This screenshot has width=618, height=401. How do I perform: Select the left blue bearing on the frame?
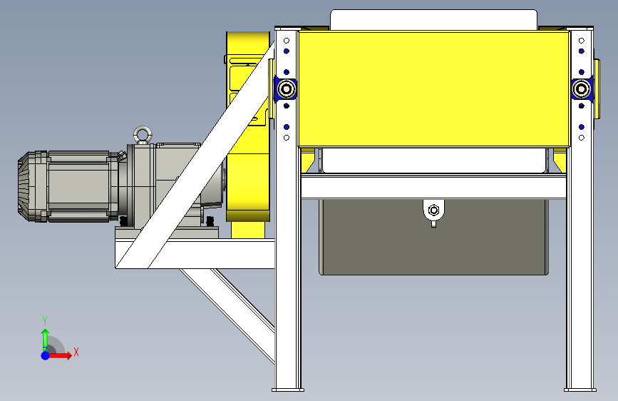pyautogui.click(x=286, y=89)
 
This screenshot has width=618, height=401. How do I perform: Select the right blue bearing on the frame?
pyautogui.click(x=582, y=89)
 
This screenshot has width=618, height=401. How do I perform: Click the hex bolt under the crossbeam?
pyautogui.click(x=433, y=210)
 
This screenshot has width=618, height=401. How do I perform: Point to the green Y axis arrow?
pyautogui.click(x=45, y=339)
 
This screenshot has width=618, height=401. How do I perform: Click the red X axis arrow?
pyautogui.click(x=59, y=355)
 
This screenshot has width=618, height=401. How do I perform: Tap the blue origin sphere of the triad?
pyautogui.click(x=46, y=355)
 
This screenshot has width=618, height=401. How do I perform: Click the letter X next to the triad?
pyautogui.click(x=76, y=352)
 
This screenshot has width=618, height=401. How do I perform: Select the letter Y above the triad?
pyautogui.click(x=45, y=321)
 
